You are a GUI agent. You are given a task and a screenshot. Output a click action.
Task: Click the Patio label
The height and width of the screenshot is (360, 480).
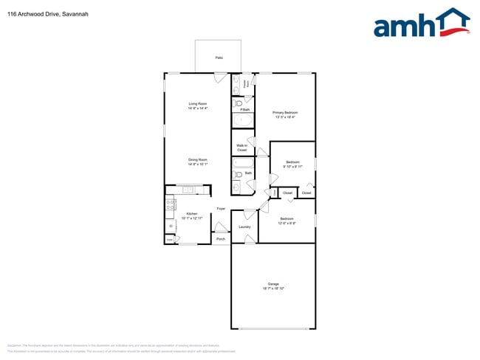[x=219, y=57]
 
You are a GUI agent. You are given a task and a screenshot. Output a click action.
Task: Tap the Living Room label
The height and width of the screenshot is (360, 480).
[x=197, y=106]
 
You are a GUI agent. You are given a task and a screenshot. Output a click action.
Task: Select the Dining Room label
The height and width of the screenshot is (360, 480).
[x=197, y=162]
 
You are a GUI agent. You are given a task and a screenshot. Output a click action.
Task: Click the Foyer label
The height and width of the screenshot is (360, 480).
[x=220, y=210]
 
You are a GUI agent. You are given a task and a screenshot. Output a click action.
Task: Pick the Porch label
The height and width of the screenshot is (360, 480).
[x=220, y=239]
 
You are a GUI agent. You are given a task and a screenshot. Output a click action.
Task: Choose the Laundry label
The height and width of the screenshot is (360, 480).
[x=244, y=226]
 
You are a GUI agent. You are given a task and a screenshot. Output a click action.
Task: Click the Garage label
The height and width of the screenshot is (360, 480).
[x=273, y=285]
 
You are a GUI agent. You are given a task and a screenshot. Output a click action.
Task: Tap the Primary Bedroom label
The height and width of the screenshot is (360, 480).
[x=285, y=114]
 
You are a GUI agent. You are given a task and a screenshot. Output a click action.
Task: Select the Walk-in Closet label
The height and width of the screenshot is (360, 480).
[x=241, y=148]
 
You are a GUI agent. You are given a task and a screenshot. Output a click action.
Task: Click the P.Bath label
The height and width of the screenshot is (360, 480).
[x=245, y=109]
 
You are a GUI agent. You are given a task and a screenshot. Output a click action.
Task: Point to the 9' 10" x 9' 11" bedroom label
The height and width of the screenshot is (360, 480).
[x=292, y=164]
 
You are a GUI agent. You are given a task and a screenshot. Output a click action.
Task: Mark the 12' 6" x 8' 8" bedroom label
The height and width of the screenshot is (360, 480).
[x=287, y=221]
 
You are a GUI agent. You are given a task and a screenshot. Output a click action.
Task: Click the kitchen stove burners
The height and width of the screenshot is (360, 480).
[x=171, y=204]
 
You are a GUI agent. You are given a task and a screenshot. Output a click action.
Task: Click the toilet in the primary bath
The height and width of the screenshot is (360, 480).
[x=237, y=103]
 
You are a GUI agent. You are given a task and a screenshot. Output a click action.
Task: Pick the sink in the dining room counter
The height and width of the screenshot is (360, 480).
[x=188, y=190]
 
